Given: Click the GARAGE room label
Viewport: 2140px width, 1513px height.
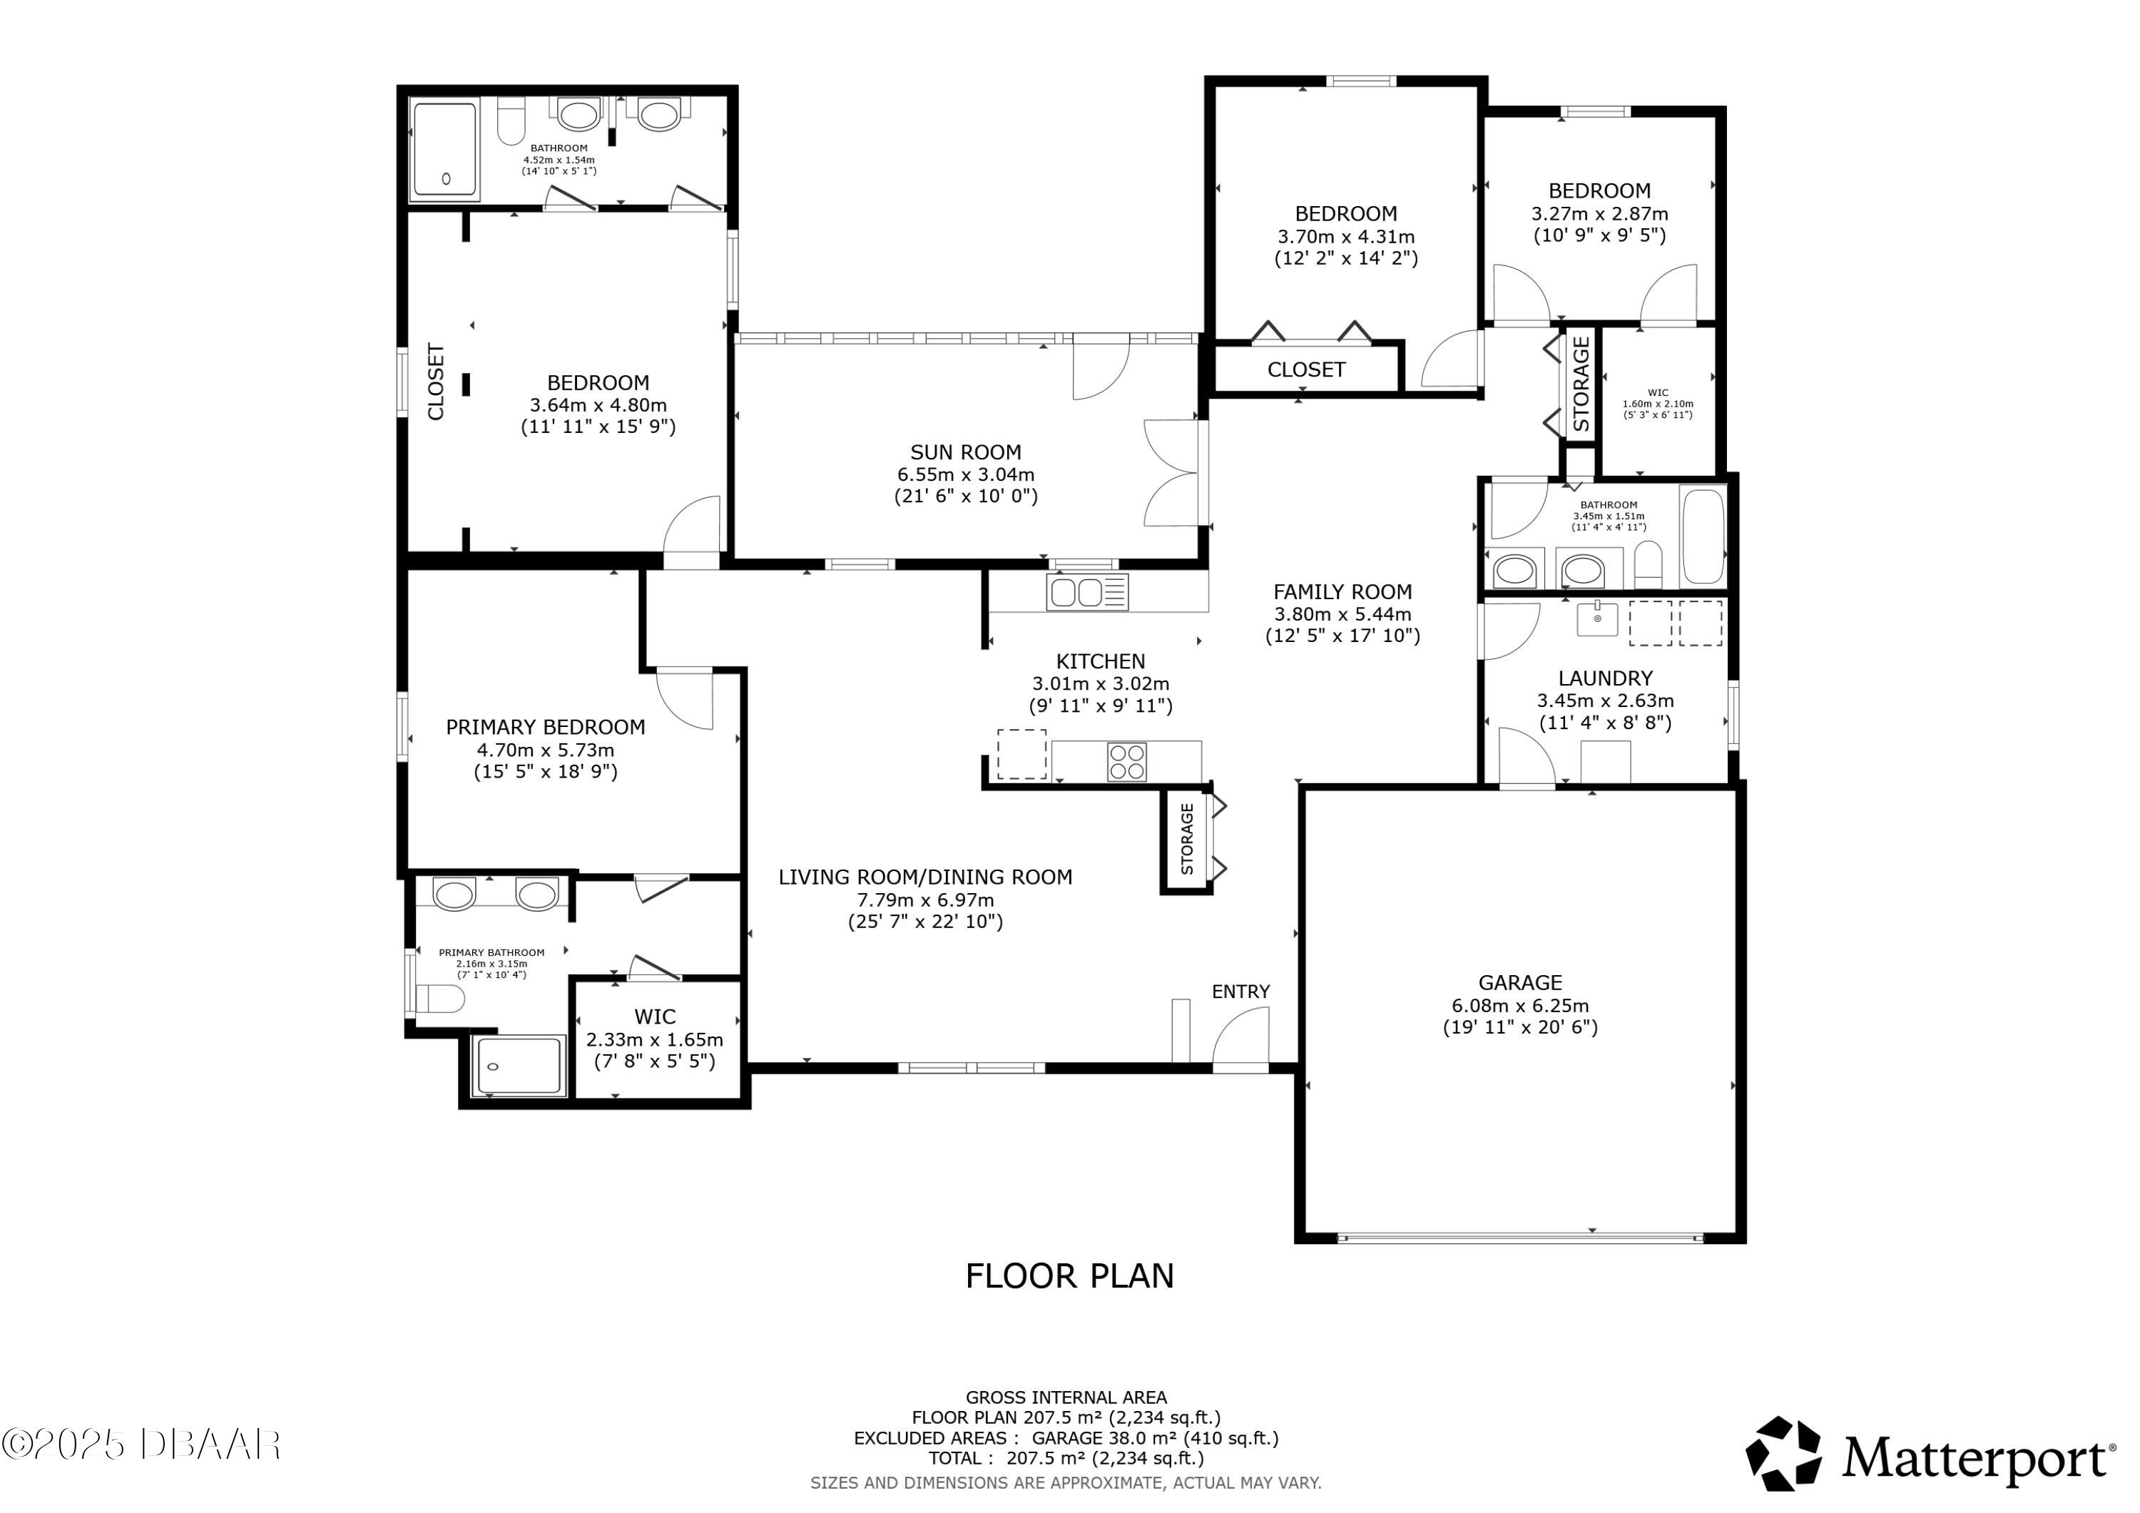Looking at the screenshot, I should click(1519, 982).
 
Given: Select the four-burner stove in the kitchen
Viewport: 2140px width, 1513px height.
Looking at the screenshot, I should click(1127, 762).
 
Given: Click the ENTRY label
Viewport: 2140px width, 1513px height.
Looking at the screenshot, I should click(1240, 992).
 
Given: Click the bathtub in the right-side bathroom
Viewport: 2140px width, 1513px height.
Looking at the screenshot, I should click(1704, 536).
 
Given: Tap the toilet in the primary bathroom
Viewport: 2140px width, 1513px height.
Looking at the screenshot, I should click(440, 999).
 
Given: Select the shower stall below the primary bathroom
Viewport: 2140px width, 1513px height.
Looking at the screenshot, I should click(519, 1066).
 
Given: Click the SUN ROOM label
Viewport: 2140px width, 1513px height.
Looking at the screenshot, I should click(966, 452).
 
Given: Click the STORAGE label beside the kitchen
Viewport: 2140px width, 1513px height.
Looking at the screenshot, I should click(1186, 839).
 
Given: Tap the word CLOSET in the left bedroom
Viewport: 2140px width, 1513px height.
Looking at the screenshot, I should click(435, 382).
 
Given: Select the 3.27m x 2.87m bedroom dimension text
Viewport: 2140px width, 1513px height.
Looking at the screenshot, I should click(1599, 213).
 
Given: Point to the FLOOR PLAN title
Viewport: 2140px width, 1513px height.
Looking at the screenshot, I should click(1069, 1276).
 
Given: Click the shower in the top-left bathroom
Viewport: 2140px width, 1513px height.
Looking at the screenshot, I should click(444, 152).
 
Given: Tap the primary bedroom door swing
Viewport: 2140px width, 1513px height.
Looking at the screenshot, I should click(685, 699).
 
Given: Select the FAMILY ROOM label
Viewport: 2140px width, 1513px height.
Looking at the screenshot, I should click(1342, 592).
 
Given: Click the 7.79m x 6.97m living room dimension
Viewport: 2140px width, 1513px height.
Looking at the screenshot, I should click(925, 900).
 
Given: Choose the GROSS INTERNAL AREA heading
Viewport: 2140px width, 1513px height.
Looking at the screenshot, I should click(1065, 1397).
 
